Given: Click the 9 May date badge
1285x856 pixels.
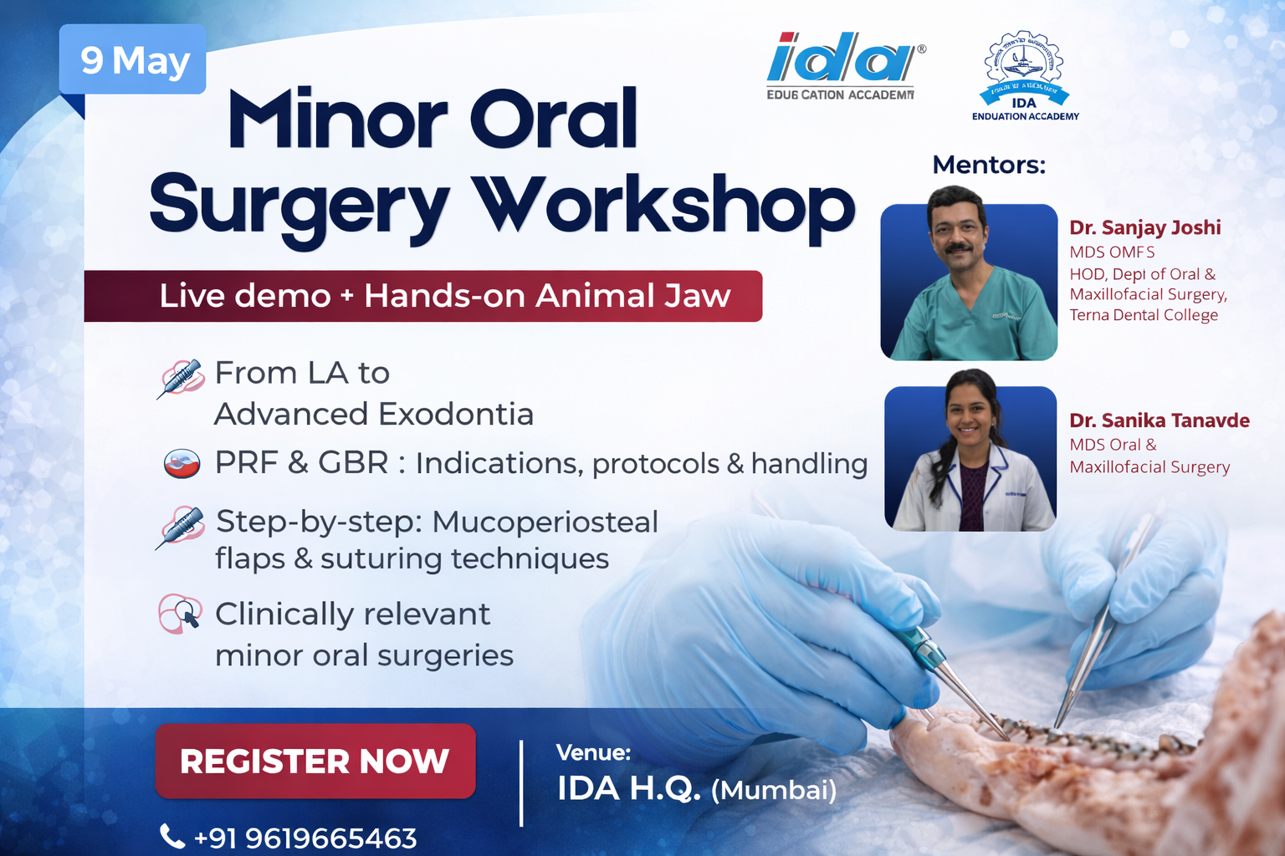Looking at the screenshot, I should (x=133, y=60).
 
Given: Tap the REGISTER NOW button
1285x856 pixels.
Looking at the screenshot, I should (x=315, y=761).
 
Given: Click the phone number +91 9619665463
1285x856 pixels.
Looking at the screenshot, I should (x=305, y=838).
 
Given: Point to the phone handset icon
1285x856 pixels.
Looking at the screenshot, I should (x=172, y=836).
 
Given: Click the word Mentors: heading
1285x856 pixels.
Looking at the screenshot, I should (x=989, y=165).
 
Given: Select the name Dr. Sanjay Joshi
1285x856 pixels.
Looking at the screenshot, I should (x=1144, y=227).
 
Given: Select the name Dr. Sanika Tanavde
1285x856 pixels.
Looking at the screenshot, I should (x=1159, y=420).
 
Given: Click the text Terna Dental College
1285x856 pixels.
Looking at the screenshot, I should (x=1143, y=315).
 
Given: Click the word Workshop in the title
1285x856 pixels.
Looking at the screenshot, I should (x=663, y=206).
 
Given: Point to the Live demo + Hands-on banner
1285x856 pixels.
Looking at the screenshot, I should (x=423, y=296).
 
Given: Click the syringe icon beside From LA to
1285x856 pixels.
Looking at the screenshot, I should (x=181, y=379).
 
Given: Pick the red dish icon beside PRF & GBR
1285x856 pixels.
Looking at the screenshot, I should (x=182, y=463).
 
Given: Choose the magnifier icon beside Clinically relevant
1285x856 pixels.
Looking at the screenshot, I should (x=182, y=614).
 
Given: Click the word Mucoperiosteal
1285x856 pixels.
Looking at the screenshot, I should (x=545, y=522).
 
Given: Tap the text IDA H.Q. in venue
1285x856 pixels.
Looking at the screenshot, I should (x=628, y=787).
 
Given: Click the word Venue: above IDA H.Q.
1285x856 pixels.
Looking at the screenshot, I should (x=593, y=752).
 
